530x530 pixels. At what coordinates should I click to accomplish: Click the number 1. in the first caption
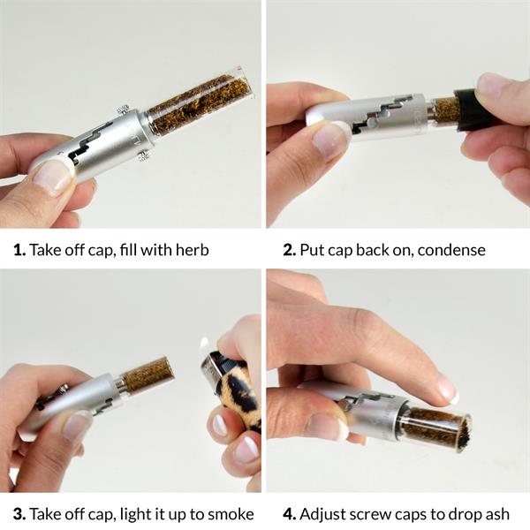click(x=19, y=250)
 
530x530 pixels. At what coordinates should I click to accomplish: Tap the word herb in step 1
click(x=192, y=250)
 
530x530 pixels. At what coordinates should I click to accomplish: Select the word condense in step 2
click(x=451, y=250)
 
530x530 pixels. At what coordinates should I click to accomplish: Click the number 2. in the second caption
click(x=290, y=250)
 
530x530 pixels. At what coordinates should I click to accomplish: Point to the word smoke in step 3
click(x=231, y=514)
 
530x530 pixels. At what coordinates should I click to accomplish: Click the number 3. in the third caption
click(x=19, y=514)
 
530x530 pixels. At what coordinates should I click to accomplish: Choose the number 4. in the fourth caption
click(x=290, y=514)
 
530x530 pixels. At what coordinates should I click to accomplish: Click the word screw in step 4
click(x=371, y=515)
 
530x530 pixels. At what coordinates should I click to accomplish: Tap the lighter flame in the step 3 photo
click(x=204, y=344)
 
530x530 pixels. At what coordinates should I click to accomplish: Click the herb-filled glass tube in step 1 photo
click(x=200, y=102)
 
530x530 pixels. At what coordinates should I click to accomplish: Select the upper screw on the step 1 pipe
click(x=123, y=110)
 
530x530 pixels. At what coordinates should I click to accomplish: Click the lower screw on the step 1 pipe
click(x=145, y=155)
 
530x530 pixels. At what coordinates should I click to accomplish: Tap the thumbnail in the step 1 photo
click(x=54, y=175)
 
